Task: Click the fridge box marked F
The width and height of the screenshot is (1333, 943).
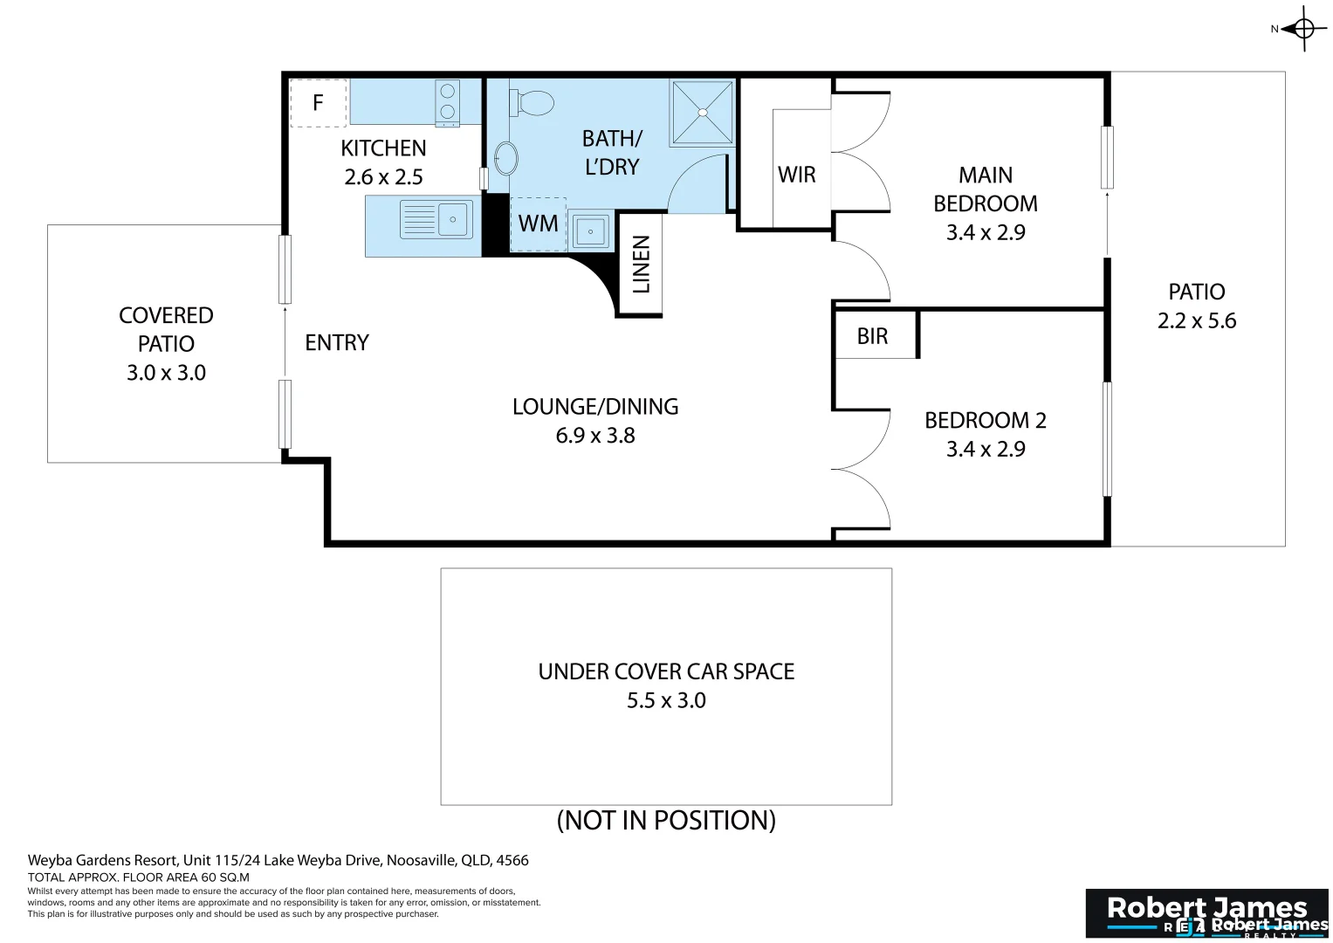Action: [x=318, y=103]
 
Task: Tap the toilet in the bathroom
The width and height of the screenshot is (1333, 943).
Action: [x=532, y=102]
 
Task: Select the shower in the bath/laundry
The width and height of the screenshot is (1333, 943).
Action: [x=702, y=113]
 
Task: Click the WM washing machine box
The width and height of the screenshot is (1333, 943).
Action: [x=538, y=224]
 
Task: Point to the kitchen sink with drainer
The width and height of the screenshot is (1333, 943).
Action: [x=436, y=219]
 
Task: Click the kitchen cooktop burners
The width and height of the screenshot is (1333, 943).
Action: [x=448, y=101]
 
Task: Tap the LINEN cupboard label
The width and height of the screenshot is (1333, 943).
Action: [x=641, y=265]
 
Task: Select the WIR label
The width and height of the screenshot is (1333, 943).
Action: [x=796, y=175]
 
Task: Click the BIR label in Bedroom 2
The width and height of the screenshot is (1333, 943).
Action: [x=872, y=336]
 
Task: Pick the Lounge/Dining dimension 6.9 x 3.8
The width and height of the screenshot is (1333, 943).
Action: [x=595, y=435]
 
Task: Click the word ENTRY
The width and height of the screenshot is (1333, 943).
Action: [x=337, y=342]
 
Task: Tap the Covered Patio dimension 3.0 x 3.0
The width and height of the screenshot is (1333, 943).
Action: [x=166, y=373]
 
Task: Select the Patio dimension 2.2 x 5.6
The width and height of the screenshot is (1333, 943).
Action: [x=1197, y=320]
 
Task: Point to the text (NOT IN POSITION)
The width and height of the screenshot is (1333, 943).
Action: [x=666, y=820]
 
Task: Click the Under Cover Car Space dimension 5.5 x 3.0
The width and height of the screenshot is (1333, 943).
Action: [x=666, y=700]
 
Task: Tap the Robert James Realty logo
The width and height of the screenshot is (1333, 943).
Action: [x=1206, y=913]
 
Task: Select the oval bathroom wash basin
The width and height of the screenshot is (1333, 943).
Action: [x=505, y=159]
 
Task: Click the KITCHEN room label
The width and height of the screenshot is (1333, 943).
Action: [x=383, y=148]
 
